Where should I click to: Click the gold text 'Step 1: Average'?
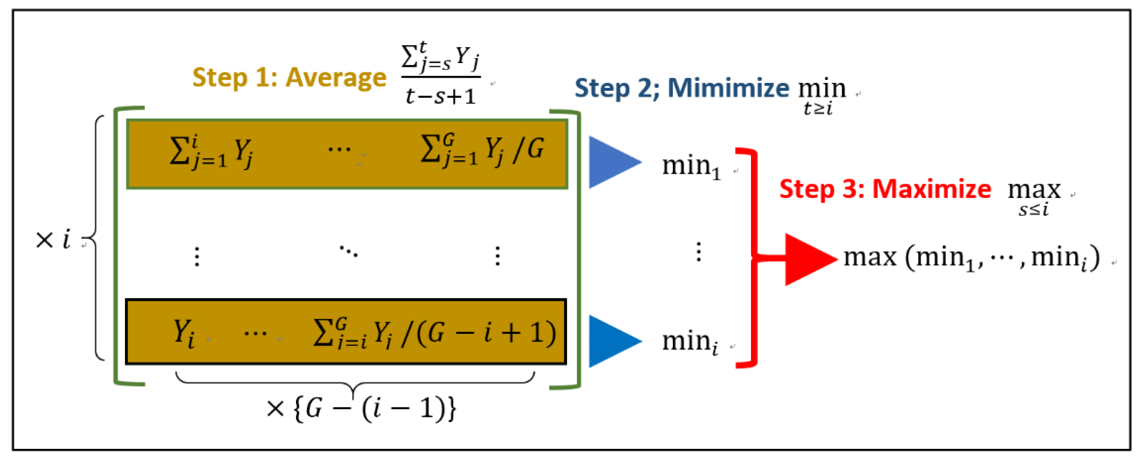coord(289,78)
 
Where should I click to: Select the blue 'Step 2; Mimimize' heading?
coord(681,88)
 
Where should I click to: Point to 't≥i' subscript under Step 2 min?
coord(818,108)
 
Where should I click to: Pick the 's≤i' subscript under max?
coord(1033,209)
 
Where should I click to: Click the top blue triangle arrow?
coord(614,162)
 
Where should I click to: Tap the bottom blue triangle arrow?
coord(614,342)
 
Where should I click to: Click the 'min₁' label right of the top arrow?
coord(691,167)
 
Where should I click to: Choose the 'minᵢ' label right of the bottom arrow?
coord(690,342)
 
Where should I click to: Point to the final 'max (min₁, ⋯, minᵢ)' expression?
coord(971,258)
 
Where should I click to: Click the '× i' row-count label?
coord(53,240)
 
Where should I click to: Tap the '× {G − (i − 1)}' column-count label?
coord(361,408)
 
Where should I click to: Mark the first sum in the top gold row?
coord(211,152)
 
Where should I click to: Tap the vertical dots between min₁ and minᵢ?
coord(699,252)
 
